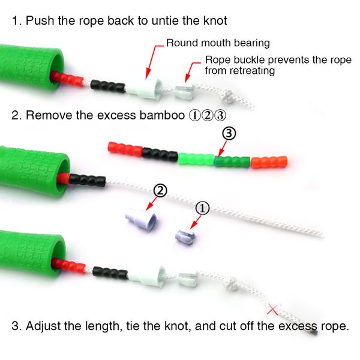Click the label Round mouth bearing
pos(218,43)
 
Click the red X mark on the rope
pos(273,310)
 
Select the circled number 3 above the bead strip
pos(229,133)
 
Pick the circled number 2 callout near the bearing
pos(160,191)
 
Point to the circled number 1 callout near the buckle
pos(202,208)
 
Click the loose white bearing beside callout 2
pos(141,219)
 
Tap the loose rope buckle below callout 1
pos(185,236)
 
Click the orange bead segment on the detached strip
pos(269,162)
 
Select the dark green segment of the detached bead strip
pos(232,161)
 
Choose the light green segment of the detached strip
pos(196,158)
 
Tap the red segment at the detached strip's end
pos(125,149)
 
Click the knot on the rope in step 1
pos(227,95)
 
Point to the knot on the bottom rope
pos(232,284)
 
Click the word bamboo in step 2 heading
pos(162,115)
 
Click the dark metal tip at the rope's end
pos(314,332)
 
